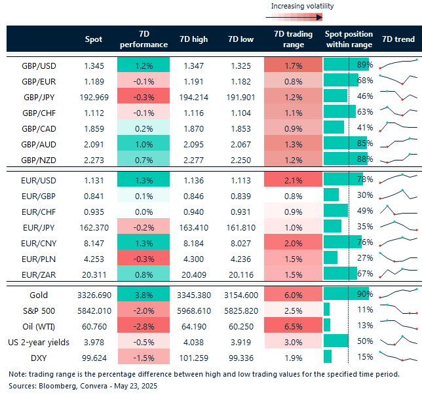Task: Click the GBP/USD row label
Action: [x=40, y=66]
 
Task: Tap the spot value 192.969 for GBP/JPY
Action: [x=94, y=96]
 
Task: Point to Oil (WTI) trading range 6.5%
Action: [x=293, y=326]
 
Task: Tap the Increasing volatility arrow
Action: [x=302, y=18]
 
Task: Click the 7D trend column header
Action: [x=398, y=39]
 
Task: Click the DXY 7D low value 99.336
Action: [x=240, y=356]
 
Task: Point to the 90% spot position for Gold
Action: [x=365, y=296]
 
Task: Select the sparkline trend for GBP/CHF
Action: [x=398, y=111]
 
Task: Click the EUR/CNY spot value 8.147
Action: [x=94, y=242]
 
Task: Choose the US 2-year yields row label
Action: [x=40, y=341]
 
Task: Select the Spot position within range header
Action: [x=349, y=39]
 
